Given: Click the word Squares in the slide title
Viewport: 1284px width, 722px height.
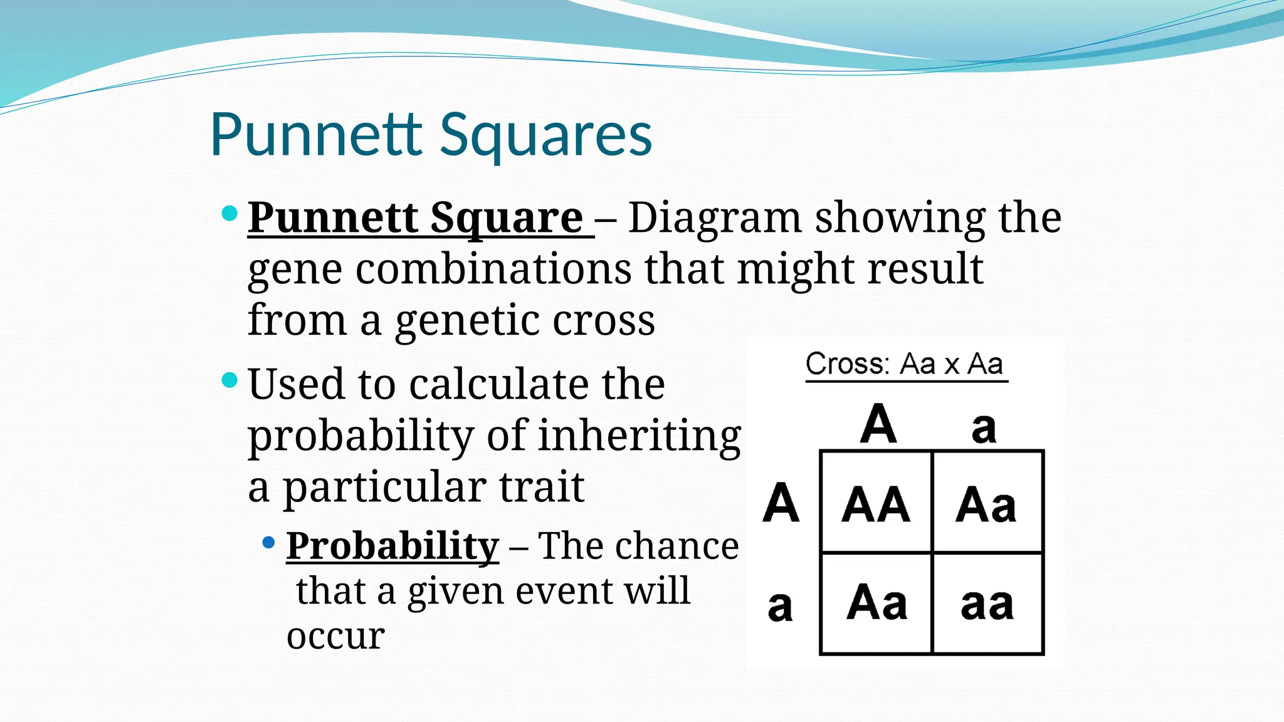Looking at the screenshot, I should point(545,135).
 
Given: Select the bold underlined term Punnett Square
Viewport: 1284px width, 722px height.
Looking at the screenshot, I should point(416,217).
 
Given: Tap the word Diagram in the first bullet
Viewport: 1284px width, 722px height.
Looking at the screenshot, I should point(715,217).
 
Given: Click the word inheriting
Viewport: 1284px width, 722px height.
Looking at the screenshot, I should point(639,435).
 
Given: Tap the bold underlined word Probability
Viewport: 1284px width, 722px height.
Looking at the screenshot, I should point(392,546).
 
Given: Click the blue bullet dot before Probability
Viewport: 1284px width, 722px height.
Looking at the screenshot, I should point(269,541).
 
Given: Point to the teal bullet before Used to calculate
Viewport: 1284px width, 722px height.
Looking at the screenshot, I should point(230,379).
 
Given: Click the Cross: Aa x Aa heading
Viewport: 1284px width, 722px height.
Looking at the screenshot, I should point(904,364).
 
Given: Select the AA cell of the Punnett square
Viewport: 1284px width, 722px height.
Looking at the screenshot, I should point(876,503).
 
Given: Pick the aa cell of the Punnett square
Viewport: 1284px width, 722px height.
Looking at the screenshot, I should point(987,604).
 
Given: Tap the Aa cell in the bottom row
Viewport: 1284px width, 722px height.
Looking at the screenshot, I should point(876,603).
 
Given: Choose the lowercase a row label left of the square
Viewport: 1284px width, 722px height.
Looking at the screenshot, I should point(780,606).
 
